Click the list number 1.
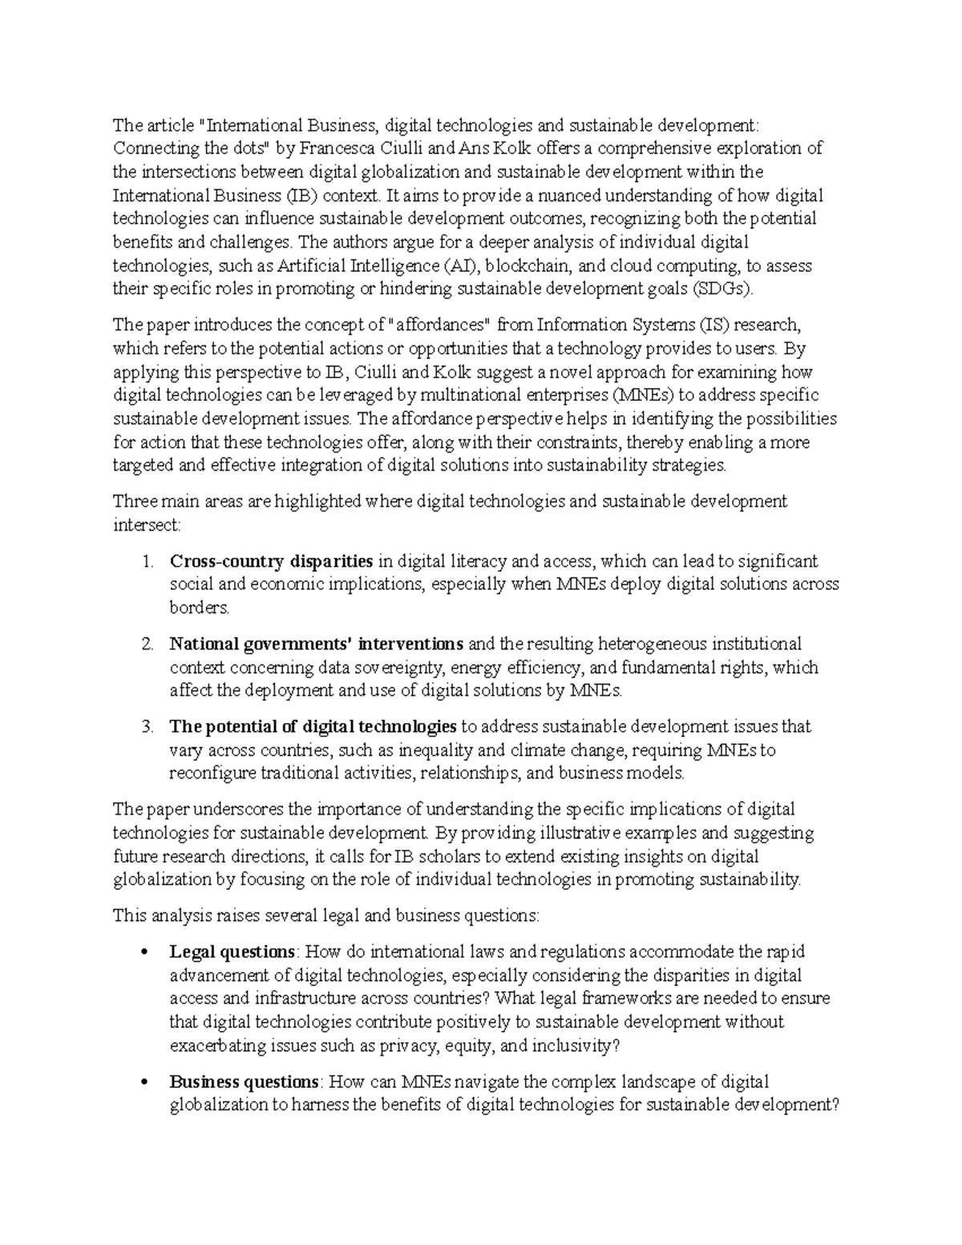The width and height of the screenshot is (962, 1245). tap(147, 561)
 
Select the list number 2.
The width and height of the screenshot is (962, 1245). tap(147, 644)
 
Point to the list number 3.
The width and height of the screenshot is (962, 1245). tap(147, 727)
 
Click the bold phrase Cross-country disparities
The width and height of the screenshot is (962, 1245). tap(271, 561)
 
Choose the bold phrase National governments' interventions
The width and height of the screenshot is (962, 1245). tap(317, 644)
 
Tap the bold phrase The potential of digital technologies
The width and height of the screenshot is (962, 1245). tap(313, 727)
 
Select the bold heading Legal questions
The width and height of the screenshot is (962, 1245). tap(232, 952)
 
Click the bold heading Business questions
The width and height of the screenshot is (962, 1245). tap(244, 1082)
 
